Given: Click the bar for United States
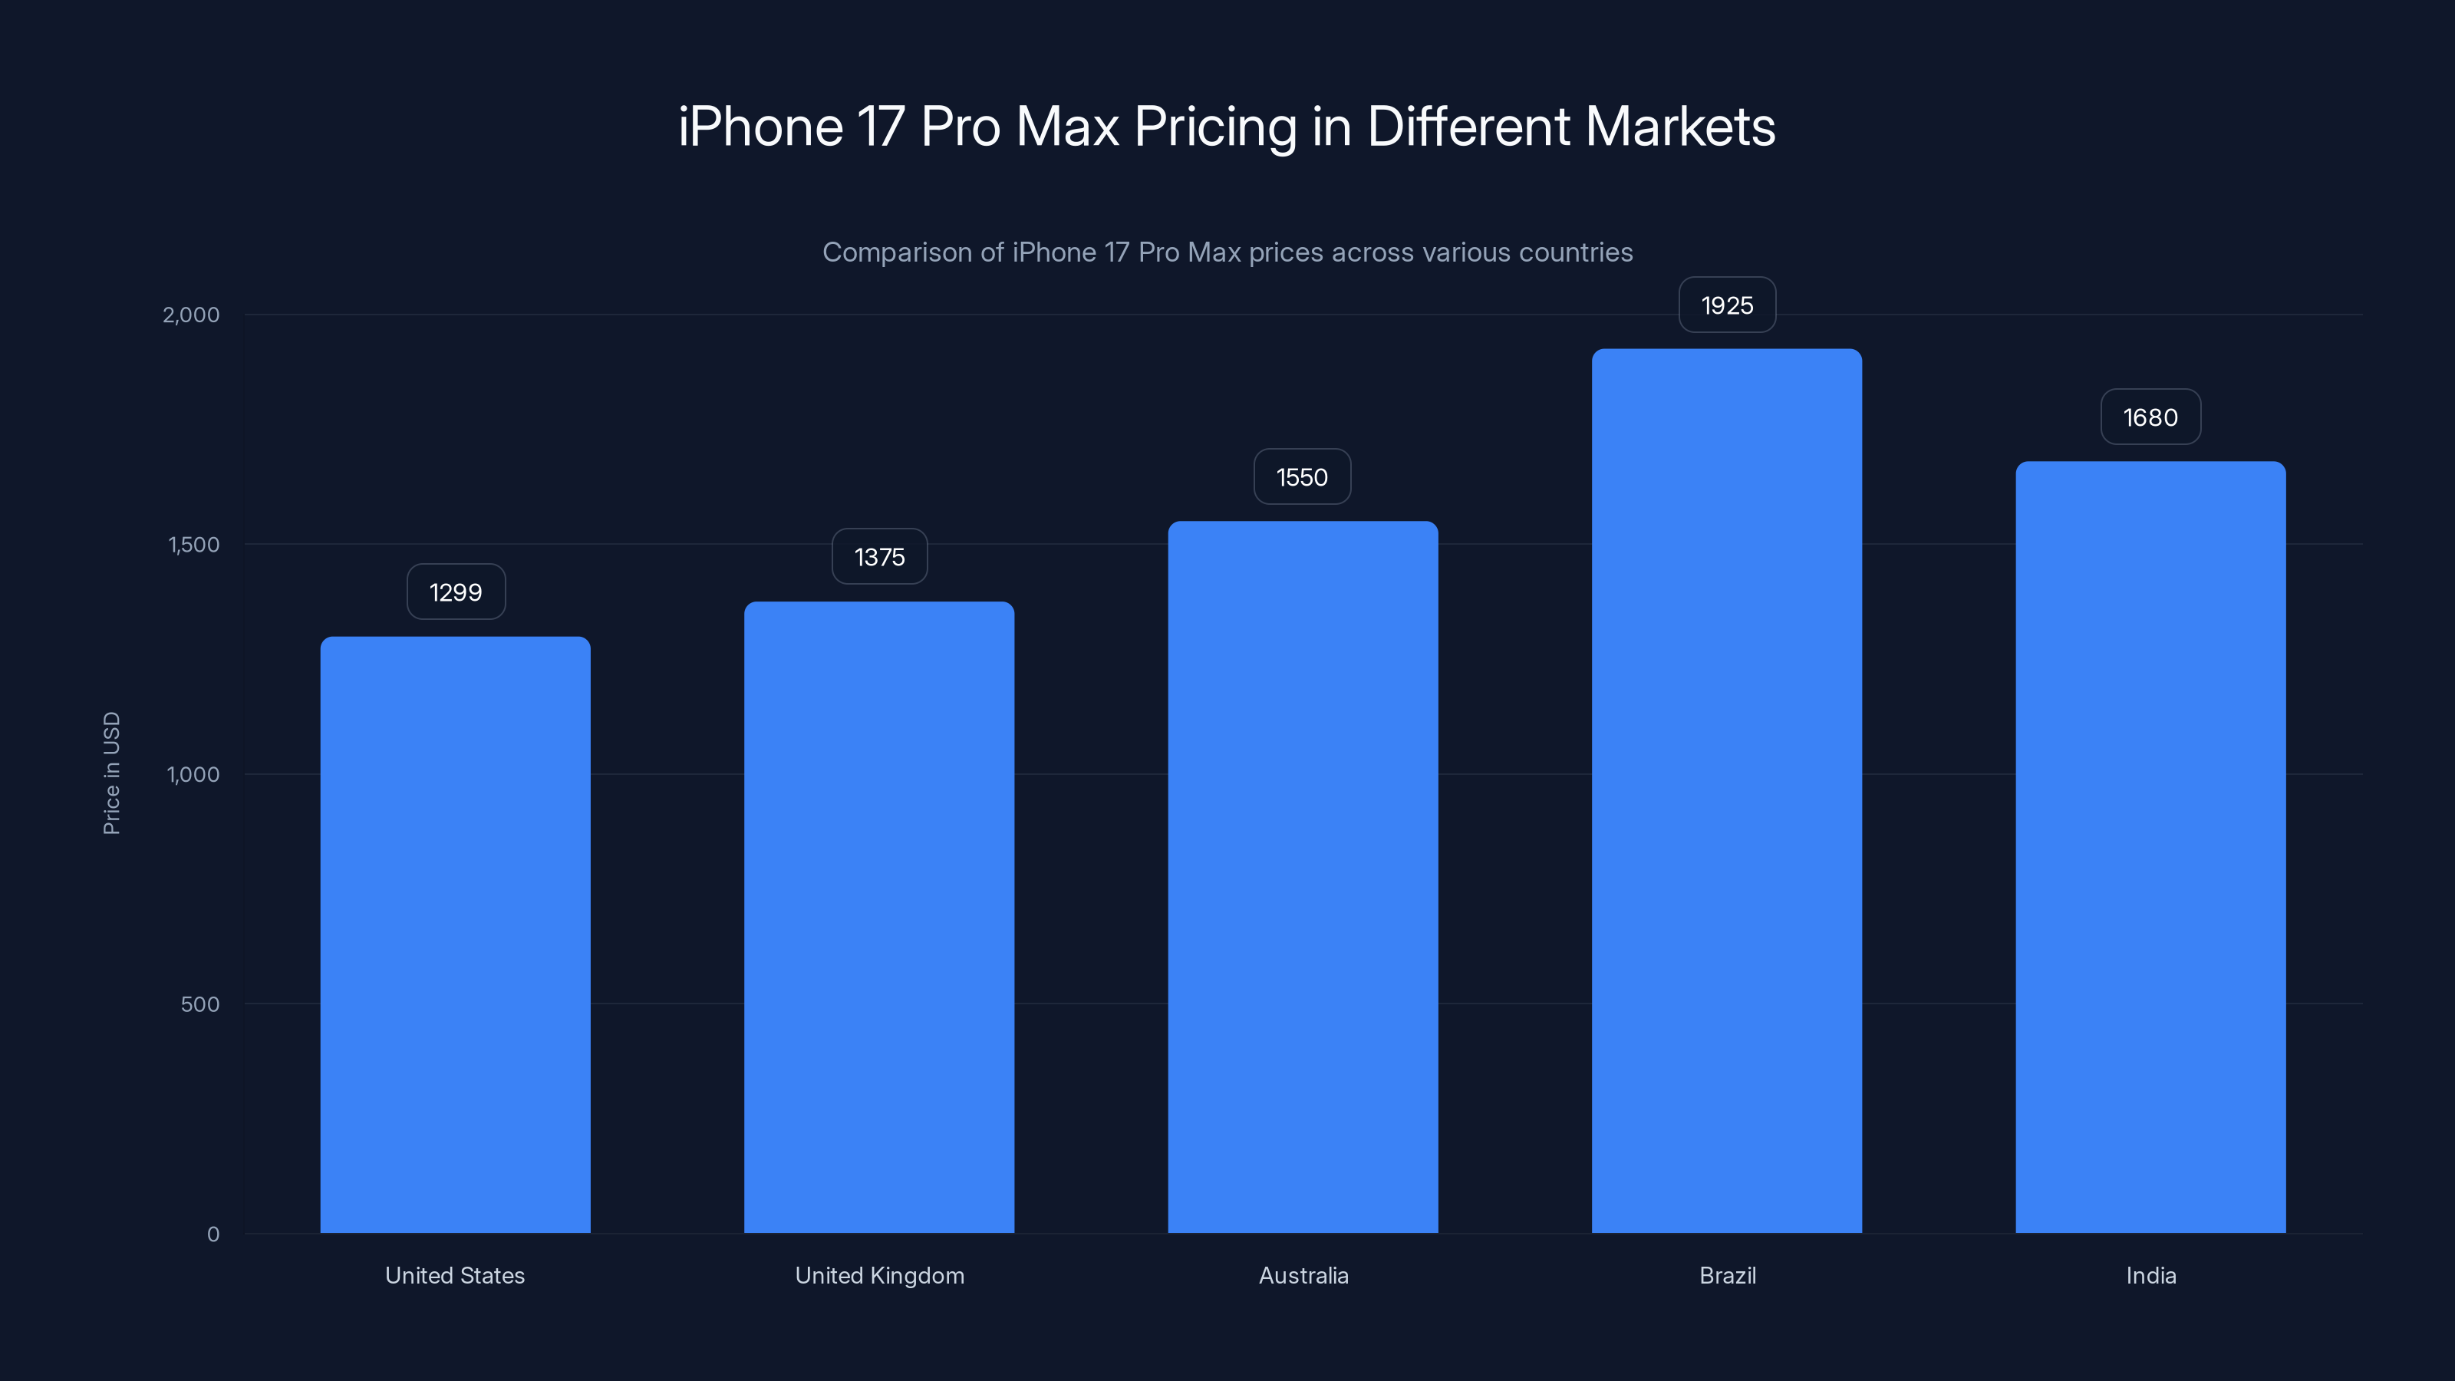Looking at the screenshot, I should coord(455,934).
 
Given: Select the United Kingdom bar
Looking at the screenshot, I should coord(878,917).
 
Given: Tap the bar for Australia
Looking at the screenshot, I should coord(1303,877).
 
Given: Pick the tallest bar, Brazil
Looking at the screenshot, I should coord(1726,791).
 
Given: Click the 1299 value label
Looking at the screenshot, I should coord(456,592).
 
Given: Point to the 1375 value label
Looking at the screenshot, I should coord(878,556).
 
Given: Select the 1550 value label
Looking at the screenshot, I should coord(1302,476).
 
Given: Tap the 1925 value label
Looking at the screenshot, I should coord(1727,305).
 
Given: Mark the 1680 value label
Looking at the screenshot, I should coord(2150,417).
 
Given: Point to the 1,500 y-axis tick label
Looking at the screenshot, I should coord(193,544).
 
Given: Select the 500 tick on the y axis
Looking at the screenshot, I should coord(199,1004).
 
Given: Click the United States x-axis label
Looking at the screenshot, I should coord(455,1275).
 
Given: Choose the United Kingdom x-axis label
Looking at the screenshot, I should coord(878,1275).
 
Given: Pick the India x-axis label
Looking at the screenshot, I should coord(2150,1275).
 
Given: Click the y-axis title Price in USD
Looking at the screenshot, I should coord(111,773).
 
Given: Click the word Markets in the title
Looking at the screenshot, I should coord(1679,126).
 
